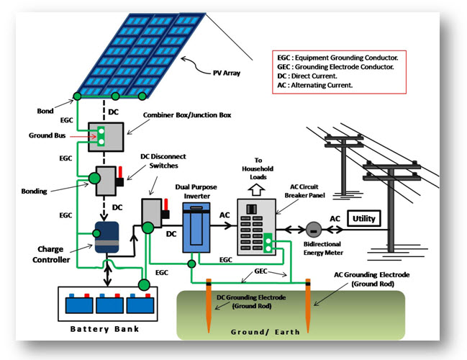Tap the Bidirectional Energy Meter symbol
click(x=312, y=229)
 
